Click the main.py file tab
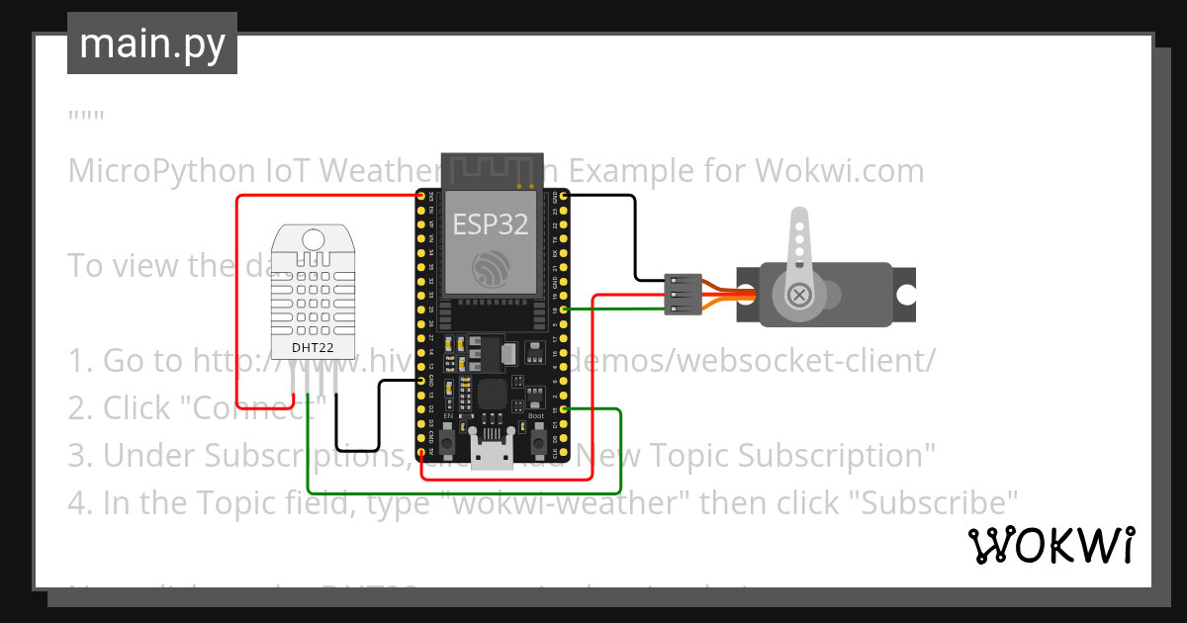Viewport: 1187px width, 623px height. [x=151, y=44]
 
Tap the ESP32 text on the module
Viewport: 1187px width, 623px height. [x=490, y=224]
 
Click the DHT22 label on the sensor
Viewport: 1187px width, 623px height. [x=312, y=348]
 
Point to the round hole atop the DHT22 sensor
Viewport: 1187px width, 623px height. [x=313, y=238]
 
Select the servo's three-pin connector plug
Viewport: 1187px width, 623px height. [x=685, y=295]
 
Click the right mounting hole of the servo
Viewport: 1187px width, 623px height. [x=905, y=295]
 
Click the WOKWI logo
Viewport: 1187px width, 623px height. [x=1050, y=545]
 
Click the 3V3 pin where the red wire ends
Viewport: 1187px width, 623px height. [x=422, y=197]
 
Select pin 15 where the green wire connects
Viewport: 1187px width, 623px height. [x=564, y=409]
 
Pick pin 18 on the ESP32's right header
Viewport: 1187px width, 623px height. [x=564, y=310]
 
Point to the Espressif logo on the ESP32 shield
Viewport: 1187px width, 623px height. [x=491, y=268]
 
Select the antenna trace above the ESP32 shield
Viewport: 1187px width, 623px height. [x=491, y=169]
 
